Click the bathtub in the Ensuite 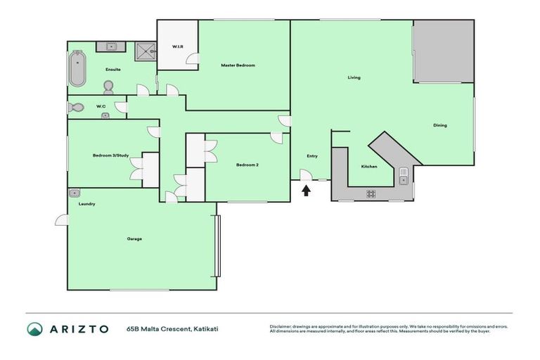pyautogui.click(x=77, y=69)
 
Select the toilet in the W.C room pyautogui.click(x=77, y=108)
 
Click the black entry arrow pyautogui.click(x=306, y=189)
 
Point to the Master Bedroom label pyautogui.click(x=238, y=65)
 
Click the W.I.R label pyautogui.click(x=178, y=47)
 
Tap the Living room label pyautogui.click(x=354, y=77)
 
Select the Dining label pyautogui.click(x=440, y=125)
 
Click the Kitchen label pyautogui.click(x=369, y=167)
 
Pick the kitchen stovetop pyautogui.click(x=371, y=193)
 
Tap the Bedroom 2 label pyautogui.click(x=247, y=165)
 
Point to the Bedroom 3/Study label pyautogui.click(x=110, y=155)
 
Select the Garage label pyautogui.click(x=134, y=239)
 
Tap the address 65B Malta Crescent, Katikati pyautogui.click(x=167, y=328)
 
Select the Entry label pyautogui.click(x=312, y=156)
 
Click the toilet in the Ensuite pyautogui.click(x=108, y=86)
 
